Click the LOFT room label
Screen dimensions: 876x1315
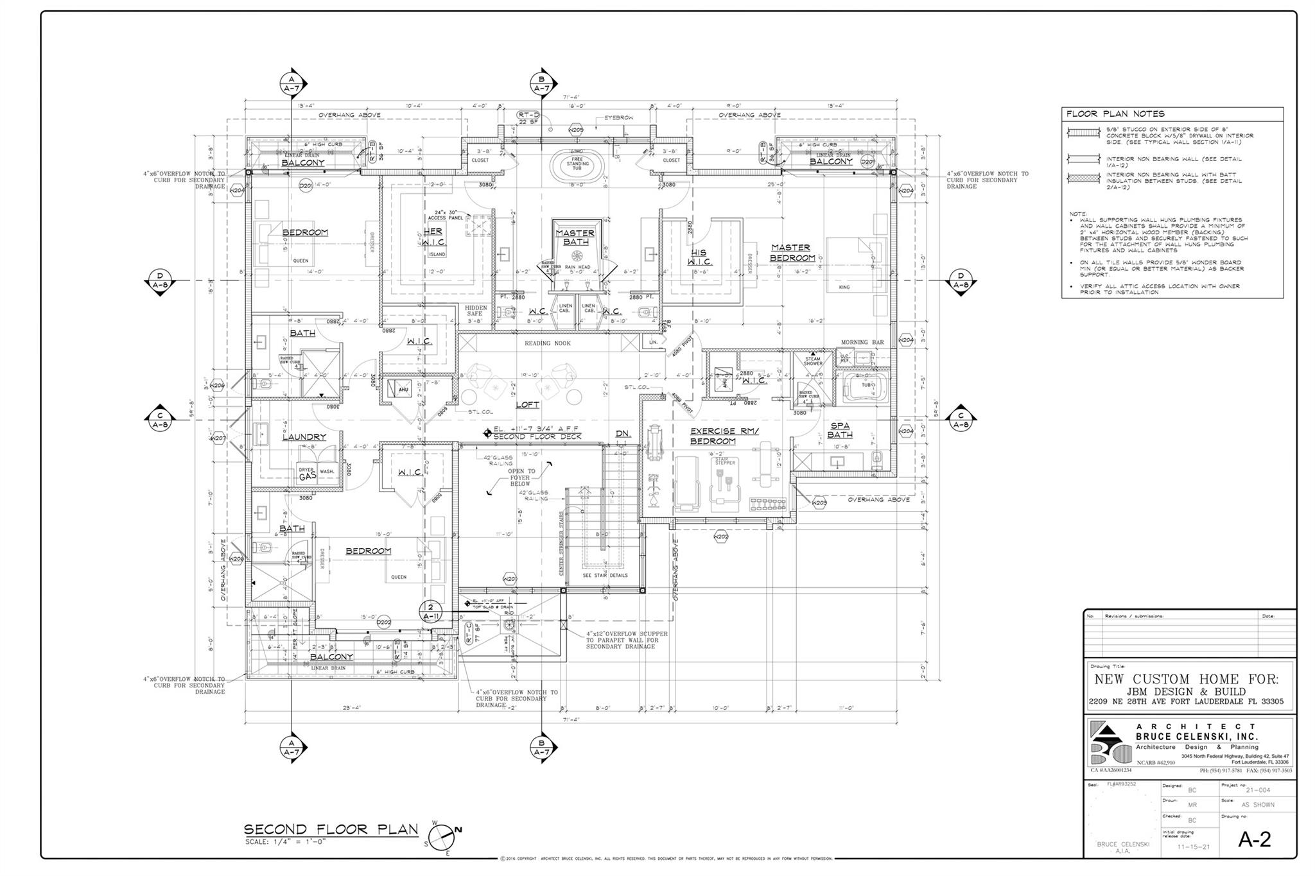[527, 405]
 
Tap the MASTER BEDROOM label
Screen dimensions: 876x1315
[792, 252]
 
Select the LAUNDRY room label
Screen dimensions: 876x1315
[304, 437]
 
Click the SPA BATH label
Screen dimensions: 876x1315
[839, 430]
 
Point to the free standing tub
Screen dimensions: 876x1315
[577, 164]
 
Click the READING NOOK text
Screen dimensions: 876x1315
[547, 343]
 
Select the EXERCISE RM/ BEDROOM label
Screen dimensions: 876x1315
[724, 436]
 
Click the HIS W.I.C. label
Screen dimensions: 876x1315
[699, 257]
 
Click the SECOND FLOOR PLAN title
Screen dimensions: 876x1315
[331, 829]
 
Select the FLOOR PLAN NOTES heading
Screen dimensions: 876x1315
[1115, 114]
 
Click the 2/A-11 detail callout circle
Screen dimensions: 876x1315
[430, 611]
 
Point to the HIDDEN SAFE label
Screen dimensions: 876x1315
[476, 311]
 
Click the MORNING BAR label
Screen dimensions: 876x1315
[862, 342]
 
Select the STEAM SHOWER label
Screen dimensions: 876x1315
[813, 361]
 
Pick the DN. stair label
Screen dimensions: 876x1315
[622, 434]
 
